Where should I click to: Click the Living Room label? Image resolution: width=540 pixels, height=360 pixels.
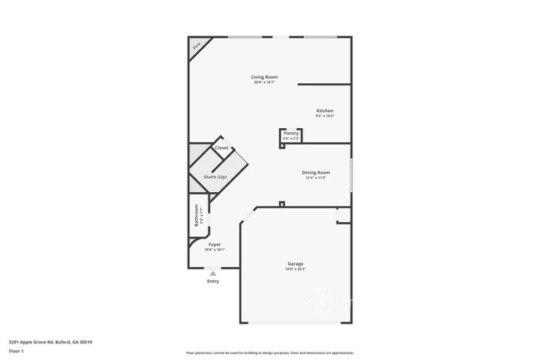tap(264, 77)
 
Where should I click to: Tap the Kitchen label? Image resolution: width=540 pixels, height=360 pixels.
tap(325, 111)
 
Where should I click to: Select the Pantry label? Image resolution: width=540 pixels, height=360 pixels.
tap(291, 133)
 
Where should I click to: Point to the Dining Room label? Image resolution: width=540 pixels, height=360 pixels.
tap(317, 173)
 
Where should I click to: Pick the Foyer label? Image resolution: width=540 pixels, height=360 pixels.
tap(214, 244)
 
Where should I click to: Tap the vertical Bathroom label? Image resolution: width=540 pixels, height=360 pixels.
tap(196, 216)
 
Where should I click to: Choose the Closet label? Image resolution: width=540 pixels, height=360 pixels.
tap(222, 148)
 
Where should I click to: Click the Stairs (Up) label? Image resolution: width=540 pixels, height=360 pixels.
tap(215, 177)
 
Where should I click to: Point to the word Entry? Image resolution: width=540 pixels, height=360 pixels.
tap(214, 280)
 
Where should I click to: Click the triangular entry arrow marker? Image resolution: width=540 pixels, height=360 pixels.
tap(214, 272)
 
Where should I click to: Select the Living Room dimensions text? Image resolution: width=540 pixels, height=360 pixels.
tap(264, 82)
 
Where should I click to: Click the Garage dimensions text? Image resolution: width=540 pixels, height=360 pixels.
tap(295, 269)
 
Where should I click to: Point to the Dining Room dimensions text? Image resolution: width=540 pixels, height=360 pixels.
tap(317, 178)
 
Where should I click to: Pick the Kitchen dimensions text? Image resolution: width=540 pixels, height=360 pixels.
tap(325, 116)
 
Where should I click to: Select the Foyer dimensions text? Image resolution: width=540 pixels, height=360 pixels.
tap(214, 249)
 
